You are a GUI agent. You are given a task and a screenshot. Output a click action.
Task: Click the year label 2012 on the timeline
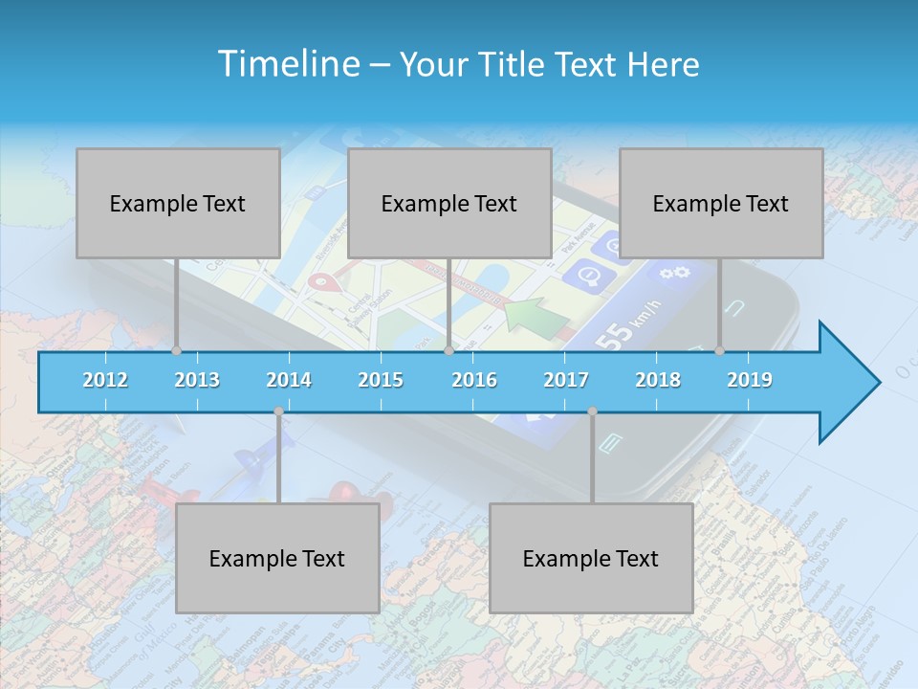(x=105, y=380)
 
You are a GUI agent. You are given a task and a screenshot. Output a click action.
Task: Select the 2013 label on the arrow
(x=197, y=380)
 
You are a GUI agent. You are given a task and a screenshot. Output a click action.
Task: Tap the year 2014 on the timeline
(x=289, y=380)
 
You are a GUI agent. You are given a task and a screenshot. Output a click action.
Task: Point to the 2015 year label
(x=381, y=380)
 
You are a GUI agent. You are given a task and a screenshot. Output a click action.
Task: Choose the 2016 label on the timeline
(x=474, y=380)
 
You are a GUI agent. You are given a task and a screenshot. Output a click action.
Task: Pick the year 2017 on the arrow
(x=566, y=380)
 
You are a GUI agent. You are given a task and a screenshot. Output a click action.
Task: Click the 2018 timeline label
(x=658, y=380)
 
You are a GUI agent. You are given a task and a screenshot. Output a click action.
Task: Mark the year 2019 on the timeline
(x=750, y=380)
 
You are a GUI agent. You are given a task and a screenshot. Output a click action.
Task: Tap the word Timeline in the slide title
(x=286, y=64)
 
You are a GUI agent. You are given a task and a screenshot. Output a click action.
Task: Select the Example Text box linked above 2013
(x=178, y=203)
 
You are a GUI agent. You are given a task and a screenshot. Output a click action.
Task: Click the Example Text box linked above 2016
(x=449, y=203)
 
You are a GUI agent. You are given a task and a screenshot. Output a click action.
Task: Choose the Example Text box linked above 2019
(x=721, y=203)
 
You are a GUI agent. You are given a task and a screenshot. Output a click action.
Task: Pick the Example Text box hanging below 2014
(x=277, y=558)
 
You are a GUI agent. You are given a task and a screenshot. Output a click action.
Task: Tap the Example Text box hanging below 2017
(x=591, y=558)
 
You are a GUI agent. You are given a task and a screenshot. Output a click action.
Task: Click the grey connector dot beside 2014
(x=278, y=411)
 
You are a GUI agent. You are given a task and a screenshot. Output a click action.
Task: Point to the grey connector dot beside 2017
(x=592, y=411)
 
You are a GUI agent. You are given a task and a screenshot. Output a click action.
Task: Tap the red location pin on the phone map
(x=327, y=283)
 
